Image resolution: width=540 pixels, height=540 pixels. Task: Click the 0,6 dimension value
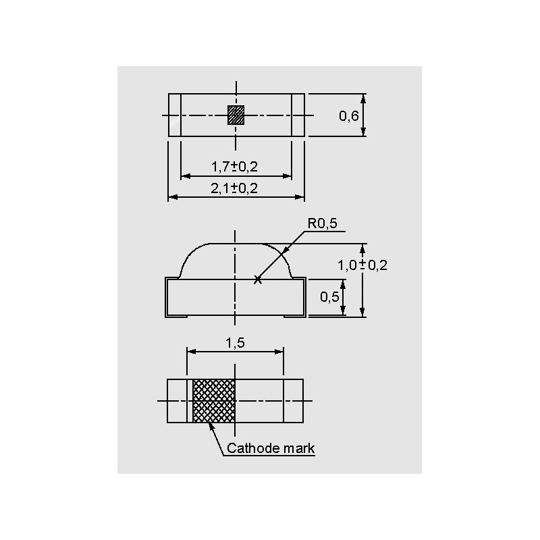click(348, 115)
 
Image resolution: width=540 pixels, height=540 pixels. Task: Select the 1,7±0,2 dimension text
click(234, 167)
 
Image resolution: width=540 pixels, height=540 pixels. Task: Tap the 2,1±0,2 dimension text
click(234, 188)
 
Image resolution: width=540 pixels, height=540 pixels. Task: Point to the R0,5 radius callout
click(322, 223)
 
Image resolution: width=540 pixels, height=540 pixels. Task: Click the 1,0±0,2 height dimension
click(362, 265)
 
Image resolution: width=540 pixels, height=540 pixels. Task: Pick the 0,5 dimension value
click(329, 296)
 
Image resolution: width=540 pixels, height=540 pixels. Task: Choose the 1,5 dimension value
click(235, 343)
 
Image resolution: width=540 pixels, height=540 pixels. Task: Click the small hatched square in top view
click(236, 115)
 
